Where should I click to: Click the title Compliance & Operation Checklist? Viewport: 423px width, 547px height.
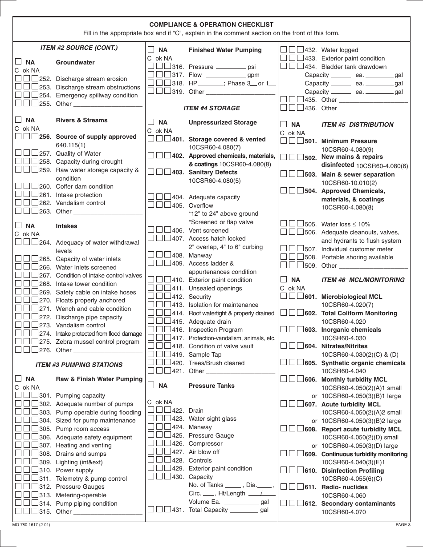point(211,24)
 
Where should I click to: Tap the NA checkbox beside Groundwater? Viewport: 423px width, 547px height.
point(18,62)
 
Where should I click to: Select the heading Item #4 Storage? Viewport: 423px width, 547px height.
point(211,108)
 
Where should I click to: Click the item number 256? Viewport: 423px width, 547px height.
point(45,137)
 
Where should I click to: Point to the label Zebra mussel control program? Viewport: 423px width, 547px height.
point(98,342)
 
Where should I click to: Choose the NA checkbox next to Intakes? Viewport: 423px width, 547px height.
point(18,225)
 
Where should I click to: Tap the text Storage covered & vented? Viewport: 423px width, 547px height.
point(227,139)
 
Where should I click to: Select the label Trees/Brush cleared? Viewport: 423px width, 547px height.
point(216,363)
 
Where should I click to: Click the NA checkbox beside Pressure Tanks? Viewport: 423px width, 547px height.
point(151,385)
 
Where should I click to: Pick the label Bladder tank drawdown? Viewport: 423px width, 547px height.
point(354,67)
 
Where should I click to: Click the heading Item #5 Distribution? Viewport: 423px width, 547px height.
point(357,125)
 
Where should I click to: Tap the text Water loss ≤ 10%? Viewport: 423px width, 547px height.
point(346,224)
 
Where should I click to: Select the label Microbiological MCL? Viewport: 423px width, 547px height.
point(351,297)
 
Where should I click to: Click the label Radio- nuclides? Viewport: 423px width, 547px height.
point(344,487)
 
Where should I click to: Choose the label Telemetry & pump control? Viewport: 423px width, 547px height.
point(91,479)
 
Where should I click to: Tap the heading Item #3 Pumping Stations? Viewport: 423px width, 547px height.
point(79,365)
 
